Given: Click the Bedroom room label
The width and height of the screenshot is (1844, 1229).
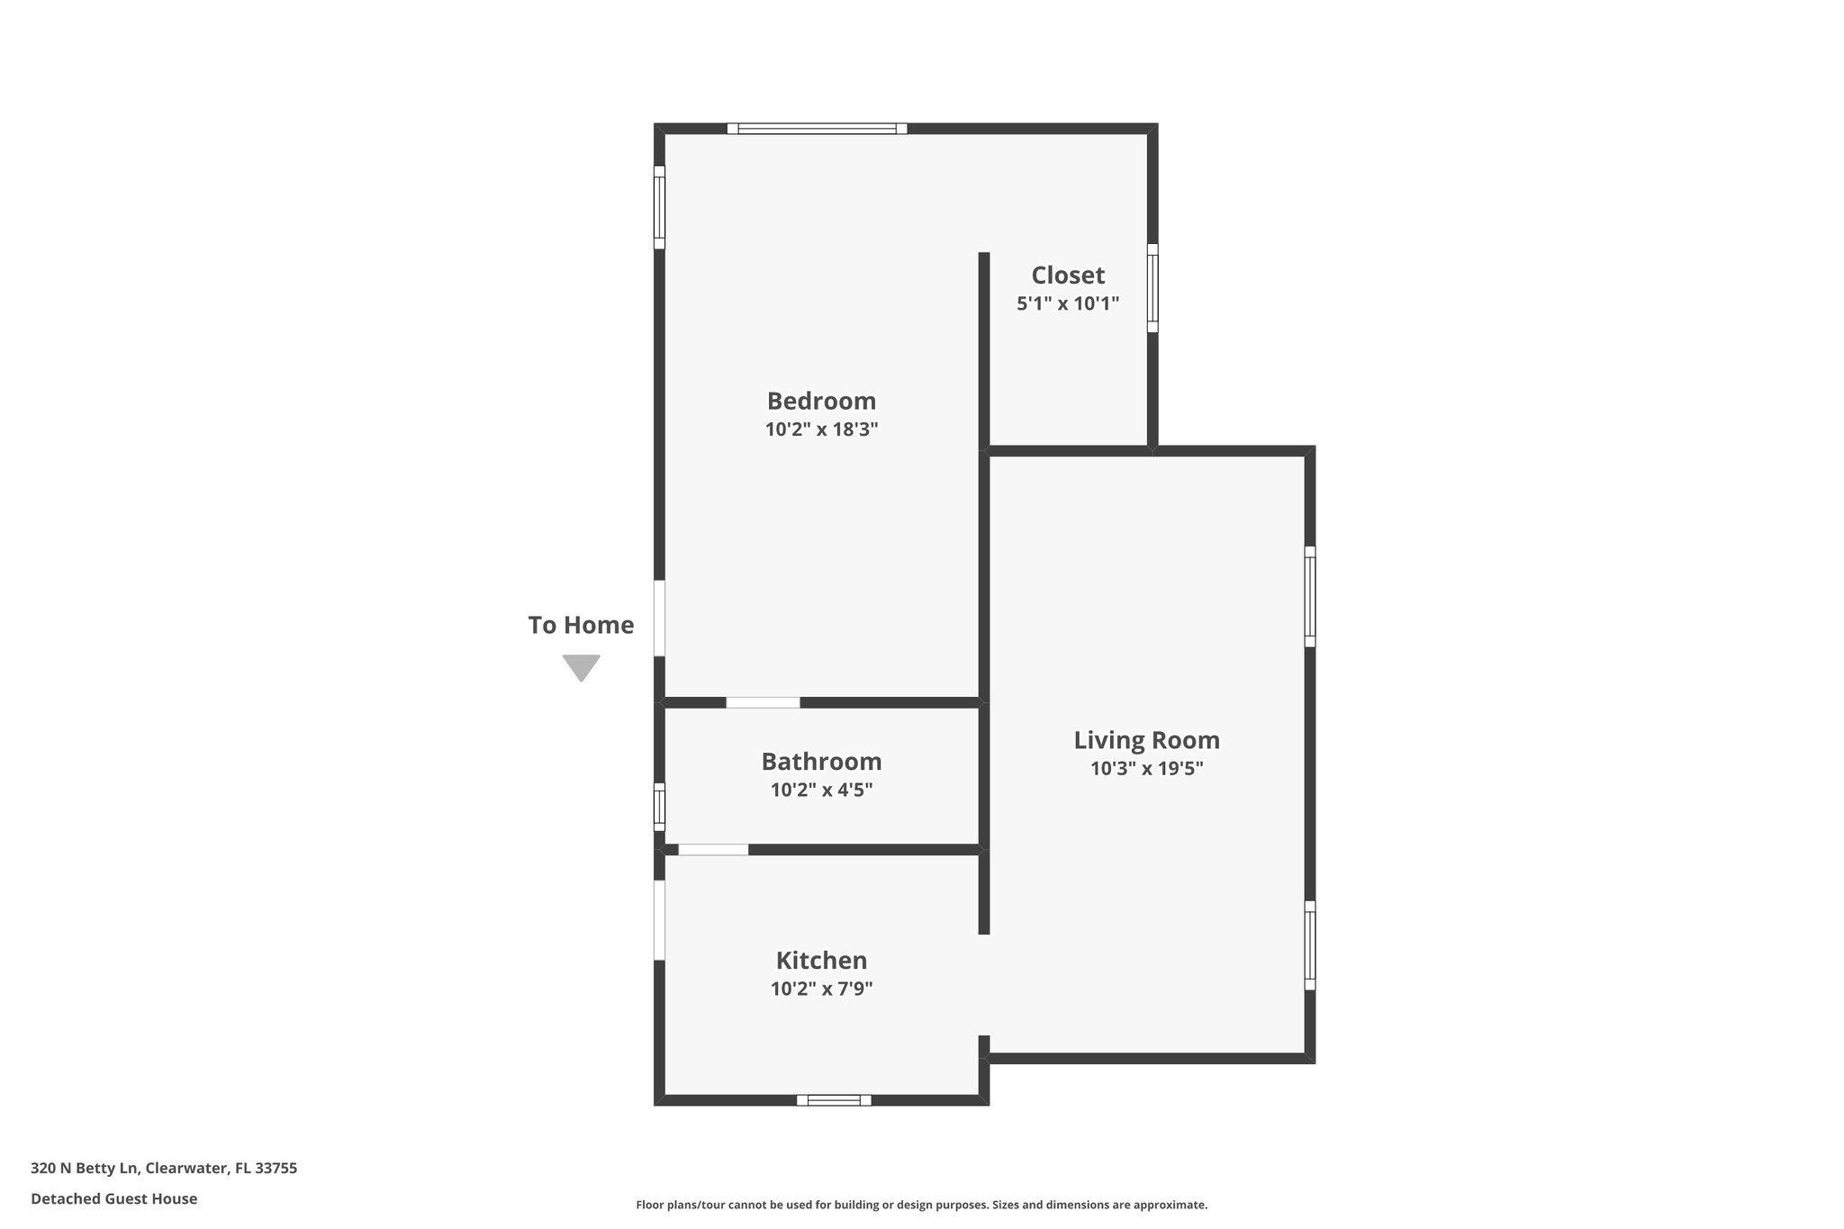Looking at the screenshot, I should pos(821,401).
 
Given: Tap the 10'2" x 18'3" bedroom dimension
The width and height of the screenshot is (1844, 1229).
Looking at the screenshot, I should pos(821,429).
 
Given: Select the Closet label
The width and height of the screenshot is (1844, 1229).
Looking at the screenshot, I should pos(1068,275).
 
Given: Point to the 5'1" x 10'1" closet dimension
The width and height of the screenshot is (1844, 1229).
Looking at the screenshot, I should pos(1068,303).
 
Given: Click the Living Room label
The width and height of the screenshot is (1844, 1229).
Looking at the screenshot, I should pos(1146,740).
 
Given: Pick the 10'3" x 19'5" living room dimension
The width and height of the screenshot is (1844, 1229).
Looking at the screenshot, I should pos(1146,769).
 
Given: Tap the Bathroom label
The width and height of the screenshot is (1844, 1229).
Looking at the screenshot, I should pos(821,762).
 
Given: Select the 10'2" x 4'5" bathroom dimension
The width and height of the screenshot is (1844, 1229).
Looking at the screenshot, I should pos(821,791).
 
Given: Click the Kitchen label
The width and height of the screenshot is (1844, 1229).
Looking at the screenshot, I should pos(821,960).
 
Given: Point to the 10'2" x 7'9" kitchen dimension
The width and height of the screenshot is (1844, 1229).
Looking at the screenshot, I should pos(821,989).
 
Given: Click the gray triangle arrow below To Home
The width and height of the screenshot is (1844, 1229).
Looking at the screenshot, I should pos(582,667).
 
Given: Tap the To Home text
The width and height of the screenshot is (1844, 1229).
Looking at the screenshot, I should pos(581,625).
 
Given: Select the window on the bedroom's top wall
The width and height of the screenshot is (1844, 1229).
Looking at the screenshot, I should pos(817,129).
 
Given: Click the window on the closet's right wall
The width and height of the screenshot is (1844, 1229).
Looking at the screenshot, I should pos(1152,288).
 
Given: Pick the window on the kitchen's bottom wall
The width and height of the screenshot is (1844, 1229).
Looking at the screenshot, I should pos(834,1099).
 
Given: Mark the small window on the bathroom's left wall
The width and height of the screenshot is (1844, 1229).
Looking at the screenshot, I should pos(659,807).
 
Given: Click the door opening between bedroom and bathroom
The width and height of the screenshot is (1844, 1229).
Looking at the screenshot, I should pos(763,702).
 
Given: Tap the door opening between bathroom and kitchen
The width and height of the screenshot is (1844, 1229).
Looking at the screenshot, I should pos(713,849).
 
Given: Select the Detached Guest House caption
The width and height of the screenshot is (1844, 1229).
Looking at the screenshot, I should pos(114,1198).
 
